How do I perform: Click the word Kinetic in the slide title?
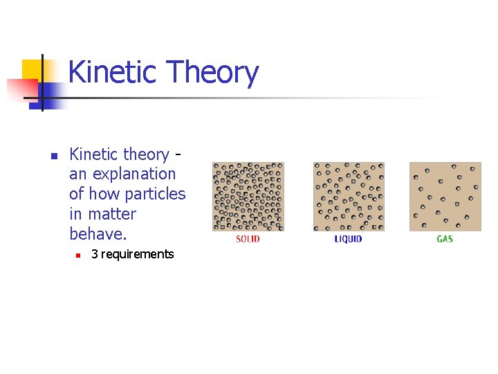coord(111,72)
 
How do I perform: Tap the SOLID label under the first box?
coord(248,239)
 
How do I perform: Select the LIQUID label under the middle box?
coord(348,239)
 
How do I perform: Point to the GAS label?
coord(445,239)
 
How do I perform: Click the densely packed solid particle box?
coord(248,197)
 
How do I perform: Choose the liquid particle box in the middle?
coord(348,197)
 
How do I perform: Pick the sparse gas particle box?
coord(445,197)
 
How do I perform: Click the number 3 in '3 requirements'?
coord(95,254)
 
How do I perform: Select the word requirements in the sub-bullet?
coord(138,254)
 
